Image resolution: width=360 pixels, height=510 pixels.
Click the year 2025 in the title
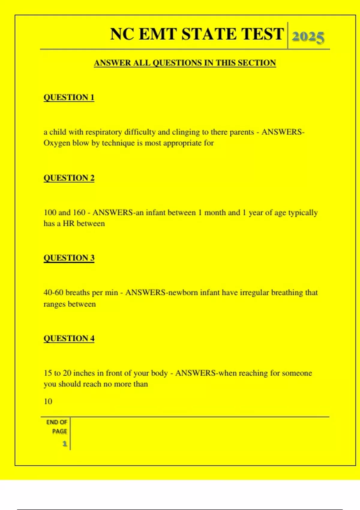pos(308,37)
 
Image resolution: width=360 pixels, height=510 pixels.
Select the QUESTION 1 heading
pos(69,97)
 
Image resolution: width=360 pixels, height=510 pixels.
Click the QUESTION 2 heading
pos(69,178)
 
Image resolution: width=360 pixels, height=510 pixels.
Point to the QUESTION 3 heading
pos(69,258)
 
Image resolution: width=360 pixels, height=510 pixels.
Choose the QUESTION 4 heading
pos(69,338)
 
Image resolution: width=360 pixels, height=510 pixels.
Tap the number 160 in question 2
pos(79,213)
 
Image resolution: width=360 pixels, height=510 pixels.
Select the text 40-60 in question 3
pos(53,292)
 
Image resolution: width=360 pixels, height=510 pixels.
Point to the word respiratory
pos(103,132)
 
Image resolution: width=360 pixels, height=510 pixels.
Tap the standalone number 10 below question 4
pos(48,401)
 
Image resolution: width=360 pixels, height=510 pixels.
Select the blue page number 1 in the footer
pos(64,444)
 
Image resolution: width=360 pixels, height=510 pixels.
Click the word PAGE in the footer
pos(59,431)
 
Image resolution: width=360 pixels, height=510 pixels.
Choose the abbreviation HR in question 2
pos(68,224)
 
